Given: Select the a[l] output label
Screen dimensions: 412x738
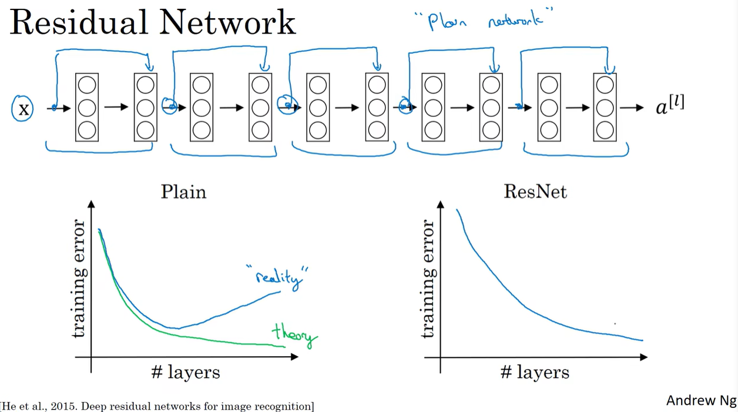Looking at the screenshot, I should click(670, 106).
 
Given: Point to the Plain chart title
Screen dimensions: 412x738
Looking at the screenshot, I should click(184, 192).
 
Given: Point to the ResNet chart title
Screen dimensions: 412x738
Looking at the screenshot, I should click(535, 192).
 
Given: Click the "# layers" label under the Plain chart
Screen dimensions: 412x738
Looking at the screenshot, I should click(185, 372).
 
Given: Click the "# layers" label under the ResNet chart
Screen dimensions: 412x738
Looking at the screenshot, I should click(535, 372).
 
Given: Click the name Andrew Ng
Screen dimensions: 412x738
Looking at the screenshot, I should click(700, 400).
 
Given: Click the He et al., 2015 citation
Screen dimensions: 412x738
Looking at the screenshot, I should click(157, 406).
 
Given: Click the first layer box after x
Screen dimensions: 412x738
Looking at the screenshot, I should click(86, 107).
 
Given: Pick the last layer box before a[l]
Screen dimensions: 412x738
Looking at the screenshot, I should click(605, 107).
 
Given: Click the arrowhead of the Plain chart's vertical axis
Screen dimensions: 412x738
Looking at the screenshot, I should click(91, 205).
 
